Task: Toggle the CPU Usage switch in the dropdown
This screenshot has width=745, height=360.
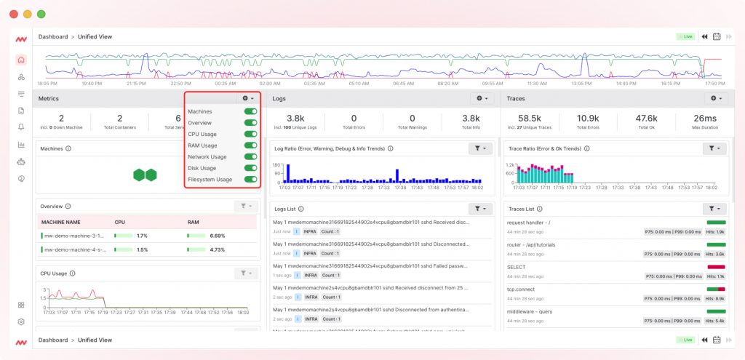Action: (250, 134)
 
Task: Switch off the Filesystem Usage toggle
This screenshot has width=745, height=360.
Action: (250, 179)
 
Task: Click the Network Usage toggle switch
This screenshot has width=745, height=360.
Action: (250, 156)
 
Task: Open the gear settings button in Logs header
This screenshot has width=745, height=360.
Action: (481, 98)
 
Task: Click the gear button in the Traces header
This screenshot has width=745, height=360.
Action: (715, 98)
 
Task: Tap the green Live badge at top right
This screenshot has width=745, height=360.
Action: (685, 36)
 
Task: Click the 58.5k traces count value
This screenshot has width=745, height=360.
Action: (530, 119)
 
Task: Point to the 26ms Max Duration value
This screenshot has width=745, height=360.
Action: (704, 119)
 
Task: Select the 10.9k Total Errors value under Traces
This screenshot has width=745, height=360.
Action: (588, 119)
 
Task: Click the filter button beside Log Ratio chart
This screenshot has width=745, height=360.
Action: (481, 148)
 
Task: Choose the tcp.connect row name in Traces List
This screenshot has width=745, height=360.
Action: (522, 289)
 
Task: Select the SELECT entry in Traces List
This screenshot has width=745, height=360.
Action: (517, 267)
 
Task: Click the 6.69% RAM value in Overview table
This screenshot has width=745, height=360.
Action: (218, 236)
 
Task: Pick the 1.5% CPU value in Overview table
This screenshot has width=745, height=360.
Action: (143, 249)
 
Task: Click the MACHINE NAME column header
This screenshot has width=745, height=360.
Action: (61, 222)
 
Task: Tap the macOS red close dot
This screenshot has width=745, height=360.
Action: (13, 14)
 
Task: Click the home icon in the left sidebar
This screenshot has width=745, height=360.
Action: (21, 60)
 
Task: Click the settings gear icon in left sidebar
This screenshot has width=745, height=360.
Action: (21, 321)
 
